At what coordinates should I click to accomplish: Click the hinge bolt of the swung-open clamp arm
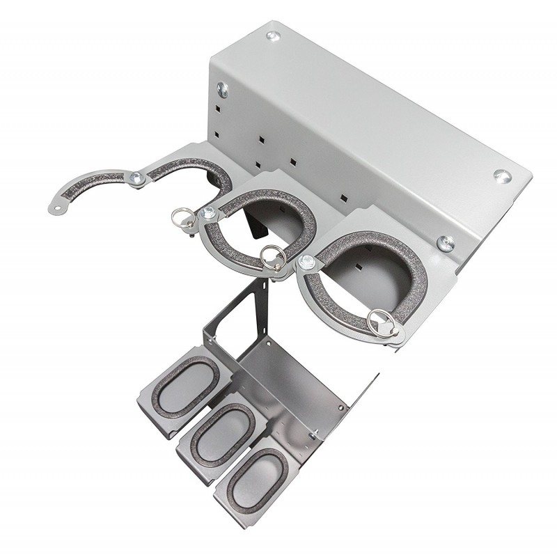(137, 179)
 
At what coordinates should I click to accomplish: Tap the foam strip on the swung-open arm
(91, 186)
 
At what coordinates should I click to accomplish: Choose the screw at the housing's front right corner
(446, 242)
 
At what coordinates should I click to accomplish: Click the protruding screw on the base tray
(314, 434)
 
